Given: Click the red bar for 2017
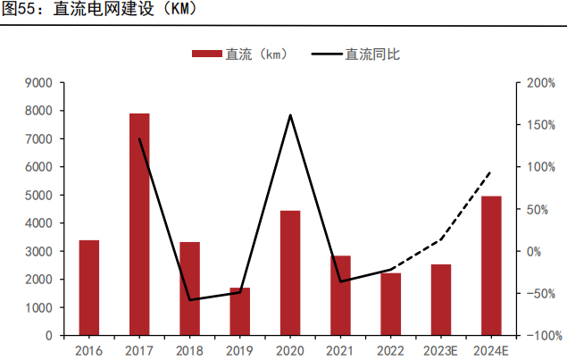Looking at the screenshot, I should [139, 224].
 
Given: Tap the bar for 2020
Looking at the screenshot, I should [290, 272].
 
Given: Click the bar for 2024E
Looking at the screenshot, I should [491, 265].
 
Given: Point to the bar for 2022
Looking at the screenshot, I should [391, 304].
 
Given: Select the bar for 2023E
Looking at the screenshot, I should [441, 299].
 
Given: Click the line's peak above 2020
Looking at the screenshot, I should [290, 115].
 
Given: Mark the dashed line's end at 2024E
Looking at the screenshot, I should [490, 172].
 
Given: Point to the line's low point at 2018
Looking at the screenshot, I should [190, 300].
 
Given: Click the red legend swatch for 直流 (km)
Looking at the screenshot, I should [207, 54].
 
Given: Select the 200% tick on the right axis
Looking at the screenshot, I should [541, 83].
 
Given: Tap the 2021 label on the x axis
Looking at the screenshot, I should [340, 350].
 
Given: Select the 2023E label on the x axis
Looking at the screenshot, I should [441, 350].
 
